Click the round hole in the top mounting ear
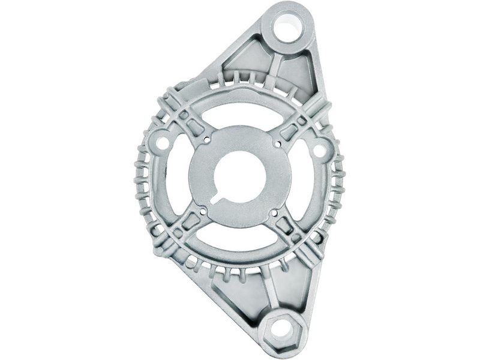click(x=288, y=28)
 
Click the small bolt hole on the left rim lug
click(x=160, y=145)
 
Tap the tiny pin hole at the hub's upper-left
click(x=207, y=141)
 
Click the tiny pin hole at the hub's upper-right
click(x=277, y=143)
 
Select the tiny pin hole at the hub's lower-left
click(x=203, y=211)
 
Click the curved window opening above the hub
click(x=243, y=114)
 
